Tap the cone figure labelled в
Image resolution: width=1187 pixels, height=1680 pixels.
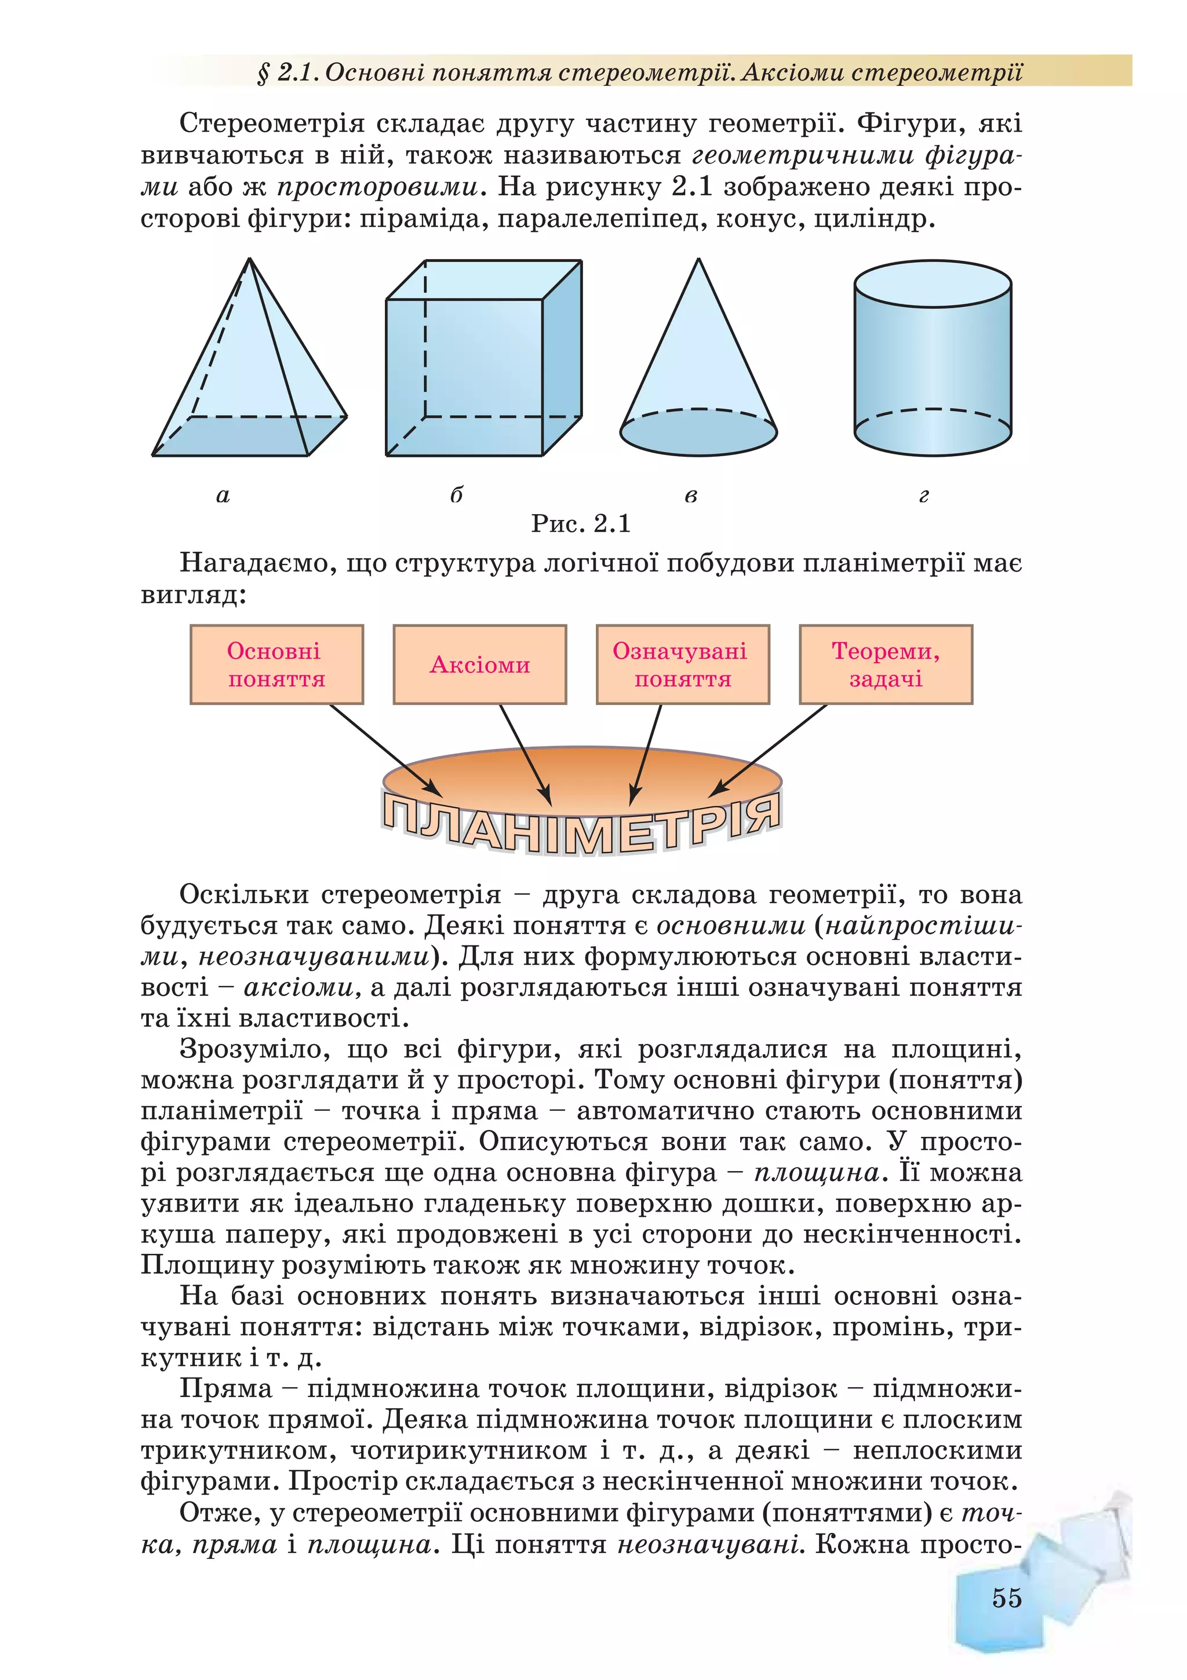[698, 366]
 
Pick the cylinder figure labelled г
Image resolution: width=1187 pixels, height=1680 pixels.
[933, 358]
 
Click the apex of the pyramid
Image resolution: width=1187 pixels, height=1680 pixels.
[250, 260]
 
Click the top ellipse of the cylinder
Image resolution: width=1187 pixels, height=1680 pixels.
[933, 284]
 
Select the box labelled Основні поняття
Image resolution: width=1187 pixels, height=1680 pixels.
[276, 664]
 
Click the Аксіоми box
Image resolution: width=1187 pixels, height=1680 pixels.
[480, 664]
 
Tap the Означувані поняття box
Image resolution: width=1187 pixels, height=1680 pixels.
[682, 664]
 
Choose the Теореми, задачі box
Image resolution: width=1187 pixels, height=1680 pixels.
[886, 664]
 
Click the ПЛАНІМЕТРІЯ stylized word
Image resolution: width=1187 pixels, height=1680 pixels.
[581, 823]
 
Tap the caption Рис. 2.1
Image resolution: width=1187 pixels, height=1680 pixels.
[581, 523]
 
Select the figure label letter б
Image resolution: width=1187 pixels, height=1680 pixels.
[456, 496]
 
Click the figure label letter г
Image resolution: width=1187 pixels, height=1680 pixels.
[924, 496]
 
